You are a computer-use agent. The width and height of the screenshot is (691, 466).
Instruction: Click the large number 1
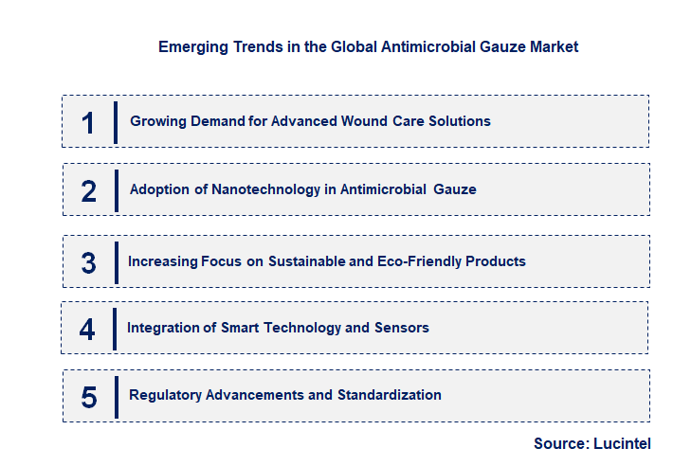pyautogui.click(x=88, y=123)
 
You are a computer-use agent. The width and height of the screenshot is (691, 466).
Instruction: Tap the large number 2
pyautogui.click(x=89, y=191)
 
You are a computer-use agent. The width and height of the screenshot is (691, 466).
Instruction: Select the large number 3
pyautogui.click(x=89, y=262)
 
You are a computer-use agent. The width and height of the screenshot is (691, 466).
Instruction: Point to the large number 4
pyautogui.click(x=87, y=330)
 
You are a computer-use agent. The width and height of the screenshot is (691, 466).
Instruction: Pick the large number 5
pyautogui.click(x=89, y=397)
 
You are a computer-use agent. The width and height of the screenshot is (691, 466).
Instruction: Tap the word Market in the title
pyautogui.click(x=554, y=45)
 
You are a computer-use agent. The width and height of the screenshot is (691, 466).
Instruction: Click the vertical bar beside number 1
pyautogui.click(x=116, y=122)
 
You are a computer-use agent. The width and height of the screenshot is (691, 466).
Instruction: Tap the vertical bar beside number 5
pyautogui.click(x=116, y=396)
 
